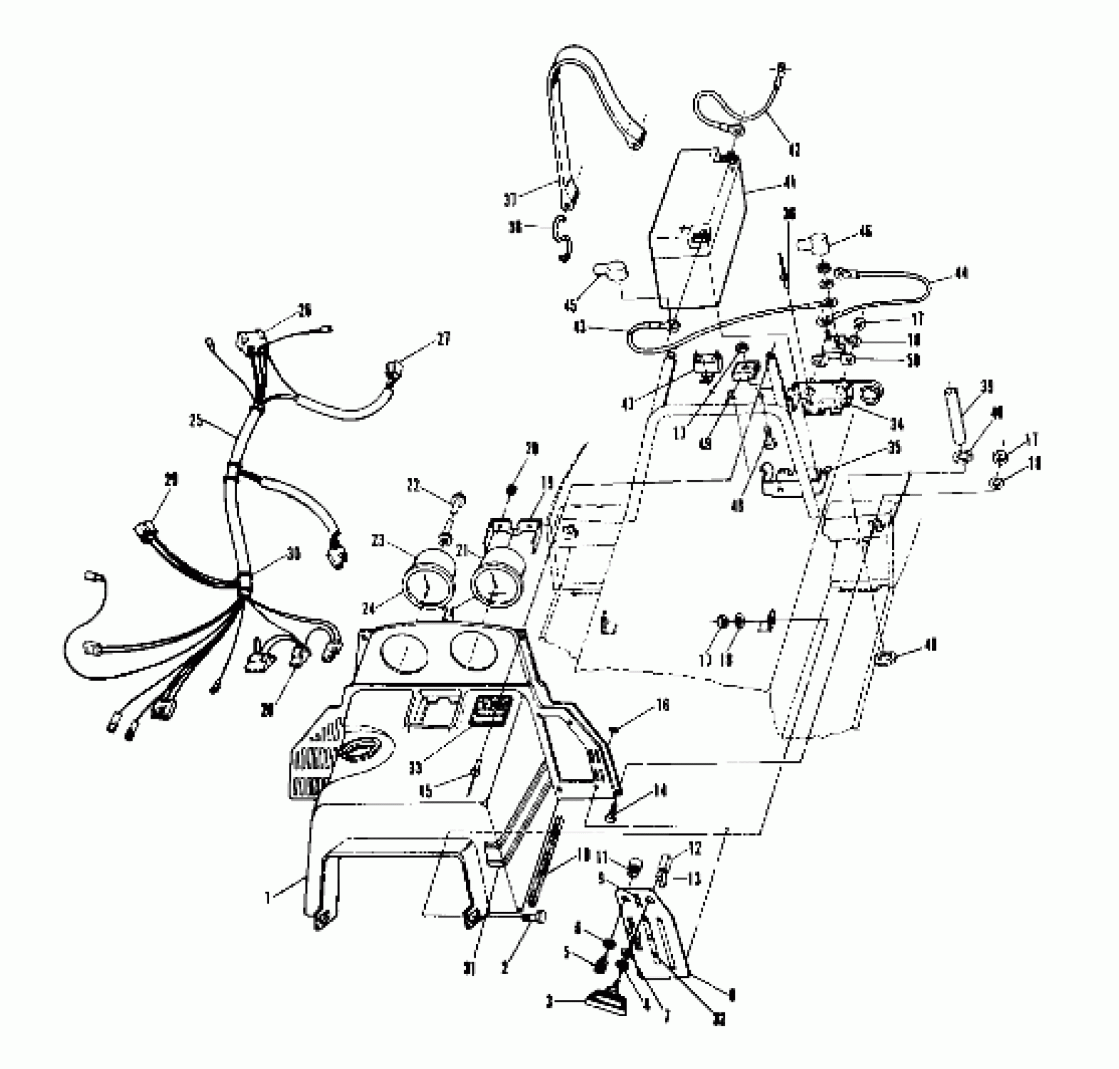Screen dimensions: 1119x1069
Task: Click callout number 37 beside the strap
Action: [x=510, y=199]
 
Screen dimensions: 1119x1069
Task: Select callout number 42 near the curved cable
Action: [x=794, y=150]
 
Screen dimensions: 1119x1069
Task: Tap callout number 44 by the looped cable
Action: [x=960, y=273]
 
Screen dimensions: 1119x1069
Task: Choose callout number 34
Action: [x=896, y=424]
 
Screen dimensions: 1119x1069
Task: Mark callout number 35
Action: [x=894, y=448]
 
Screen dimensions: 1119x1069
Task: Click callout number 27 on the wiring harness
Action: [x=444, y=339]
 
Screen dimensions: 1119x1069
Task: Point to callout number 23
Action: [x=378, y=541]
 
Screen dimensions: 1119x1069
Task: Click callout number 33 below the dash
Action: [x=415, y=768]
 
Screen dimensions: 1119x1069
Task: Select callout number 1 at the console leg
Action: [x=269, y=897]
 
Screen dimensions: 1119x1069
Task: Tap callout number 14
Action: [x=660, y=790]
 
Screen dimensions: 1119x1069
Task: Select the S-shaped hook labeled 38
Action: [x=562, y=238]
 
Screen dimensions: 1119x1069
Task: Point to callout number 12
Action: [x=694, y=850]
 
